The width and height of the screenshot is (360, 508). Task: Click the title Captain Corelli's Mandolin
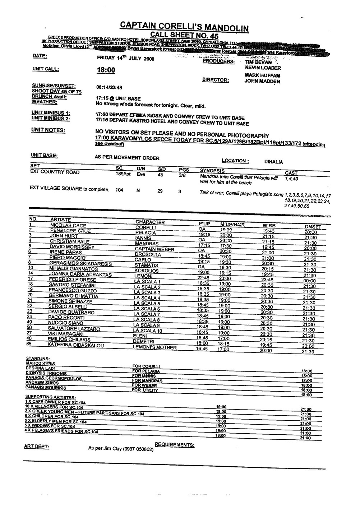184,26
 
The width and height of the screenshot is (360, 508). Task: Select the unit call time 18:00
106,70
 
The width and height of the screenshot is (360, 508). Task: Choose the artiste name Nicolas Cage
68,226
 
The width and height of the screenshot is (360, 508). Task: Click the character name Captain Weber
154,249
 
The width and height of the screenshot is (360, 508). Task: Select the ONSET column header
313,227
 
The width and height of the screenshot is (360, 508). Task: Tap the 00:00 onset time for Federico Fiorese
309,281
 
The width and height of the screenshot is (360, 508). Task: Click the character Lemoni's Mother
154,347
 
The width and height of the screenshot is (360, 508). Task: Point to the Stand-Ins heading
38,359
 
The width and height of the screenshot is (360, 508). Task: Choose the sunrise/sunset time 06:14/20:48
109,87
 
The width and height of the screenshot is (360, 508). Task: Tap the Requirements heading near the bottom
175,445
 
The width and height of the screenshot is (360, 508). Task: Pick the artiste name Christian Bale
69,241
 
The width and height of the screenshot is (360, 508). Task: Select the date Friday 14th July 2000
126,58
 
